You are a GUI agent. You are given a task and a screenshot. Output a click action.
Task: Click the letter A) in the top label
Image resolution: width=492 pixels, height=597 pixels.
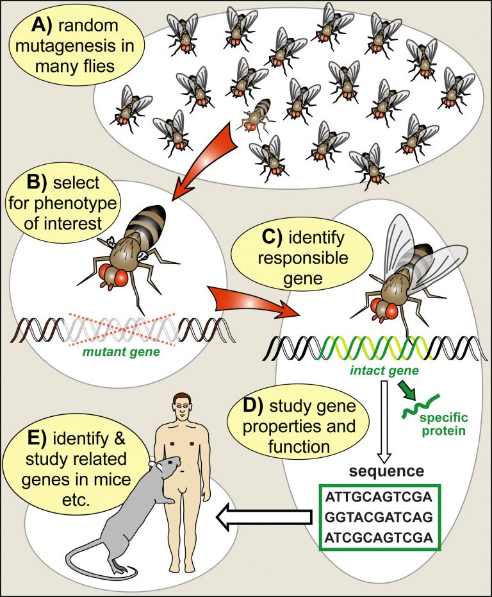[43, 25]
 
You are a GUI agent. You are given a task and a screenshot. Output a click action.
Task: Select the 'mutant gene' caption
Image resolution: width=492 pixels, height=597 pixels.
[121, 352]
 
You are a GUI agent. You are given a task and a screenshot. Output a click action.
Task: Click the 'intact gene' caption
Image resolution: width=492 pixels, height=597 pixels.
[384, 371]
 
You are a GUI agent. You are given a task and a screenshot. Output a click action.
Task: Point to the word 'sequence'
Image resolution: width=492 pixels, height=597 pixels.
[386, 471]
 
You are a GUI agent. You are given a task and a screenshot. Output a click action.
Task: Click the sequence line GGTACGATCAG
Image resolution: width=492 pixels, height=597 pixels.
[379, 517]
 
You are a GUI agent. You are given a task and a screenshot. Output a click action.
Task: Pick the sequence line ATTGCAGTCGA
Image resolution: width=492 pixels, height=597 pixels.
[379, 497]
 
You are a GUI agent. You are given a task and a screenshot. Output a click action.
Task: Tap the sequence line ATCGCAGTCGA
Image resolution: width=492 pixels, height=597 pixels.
[379, 537]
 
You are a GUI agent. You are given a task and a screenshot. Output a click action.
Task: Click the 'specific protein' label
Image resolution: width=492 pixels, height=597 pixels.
[443, 424]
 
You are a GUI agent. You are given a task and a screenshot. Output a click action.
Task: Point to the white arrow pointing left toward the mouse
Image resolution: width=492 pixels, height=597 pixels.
[264, 517]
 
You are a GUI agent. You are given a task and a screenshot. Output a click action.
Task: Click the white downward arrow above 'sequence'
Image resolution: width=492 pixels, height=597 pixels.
[384, 421]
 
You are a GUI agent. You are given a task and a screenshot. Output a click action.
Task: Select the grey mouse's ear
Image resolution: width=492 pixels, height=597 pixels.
[152, 464]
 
